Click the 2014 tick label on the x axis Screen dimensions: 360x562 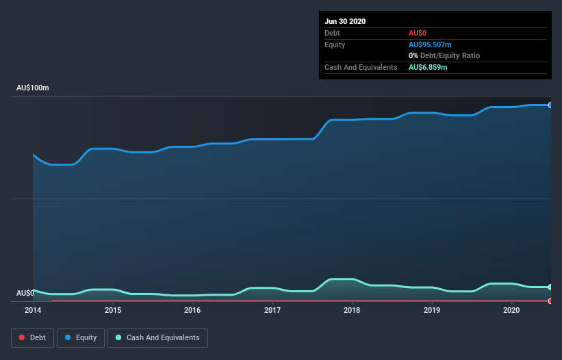(33, 310)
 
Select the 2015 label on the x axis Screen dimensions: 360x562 (113, 310)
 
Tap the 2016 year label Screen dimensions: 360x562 (192, 310)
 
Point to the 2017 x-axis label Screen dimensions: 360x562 (272, 310)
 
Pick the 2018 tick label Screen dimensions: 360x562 (352, 310)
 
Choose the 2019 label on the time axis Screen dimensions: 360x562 (432, 310)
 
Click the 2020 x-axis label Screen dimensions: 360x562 (511, 310)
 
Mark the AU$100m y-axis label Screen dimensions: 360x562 (33, 88)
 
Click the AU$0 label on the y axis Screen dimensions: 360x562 (25, 293)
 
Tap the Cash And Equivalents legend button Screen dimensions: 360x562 (157, 337)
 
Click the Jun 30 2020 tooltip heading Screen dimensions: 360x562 (345, 21)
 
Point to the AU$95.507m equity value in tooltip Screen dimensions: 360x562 (430, 44)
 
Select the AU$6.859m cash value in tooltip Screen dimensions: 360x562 (428, 67)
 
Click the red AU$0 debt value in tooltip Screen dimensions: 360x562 (418, 33)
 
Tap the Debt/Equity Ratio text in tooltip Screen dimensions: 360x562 (448, 55)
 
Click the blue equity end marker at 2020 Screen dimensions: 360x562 (550, 105)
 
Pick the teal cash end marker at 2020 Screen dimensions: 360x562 (550, 287)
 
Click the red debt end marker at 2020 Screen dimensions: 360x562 (550, 300)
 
